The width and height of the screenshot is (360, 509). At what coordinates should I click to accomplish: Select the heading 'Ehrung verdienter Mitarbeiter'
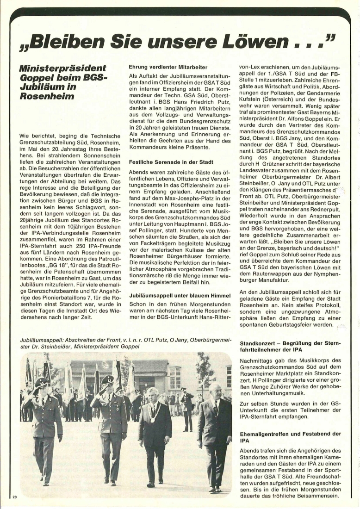(x=168, y=67)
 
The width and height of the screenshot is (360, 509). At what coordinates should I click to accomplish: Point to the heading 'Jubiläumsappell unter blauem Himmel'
(x=180, y=295)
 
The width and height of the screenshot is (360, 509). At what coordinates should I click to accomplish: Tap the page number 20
(x=15, y=497)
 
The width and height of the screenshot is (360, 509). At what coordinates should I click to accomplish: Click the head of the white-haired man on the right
(x=215, y=391)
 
